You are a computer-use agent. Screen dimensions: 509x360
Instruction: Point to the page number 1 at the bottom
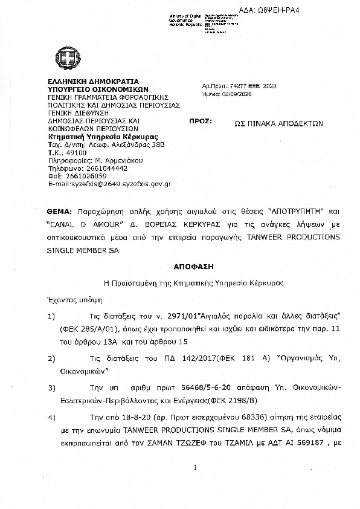[x=196, y=467]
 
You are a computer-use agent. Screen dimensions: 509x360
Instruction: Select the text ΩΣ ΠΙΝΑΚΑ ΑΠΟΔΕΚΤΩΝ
[x=278, y=122]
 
